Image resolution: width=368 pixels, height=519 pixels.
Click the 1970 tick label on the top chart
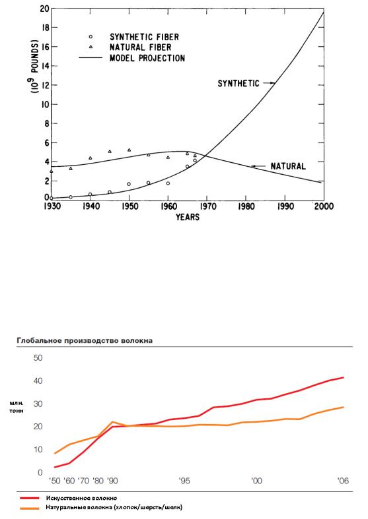point(207,206)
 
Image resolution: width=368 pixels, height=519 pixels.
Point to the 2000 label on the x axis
point(324,206)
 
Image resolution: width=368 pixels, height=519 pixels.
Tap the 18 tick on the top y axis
point(44,28)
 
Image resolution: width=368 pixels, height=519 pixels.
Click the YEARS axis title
point(188,217)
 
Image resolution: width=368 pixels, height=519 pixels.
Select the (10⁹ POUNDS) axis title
point(35,66)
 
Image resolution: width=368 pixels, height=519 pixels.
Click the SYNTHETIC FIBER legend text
point(144,37)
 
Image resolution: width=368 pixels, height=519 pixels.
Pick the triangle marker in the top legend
point(91,47)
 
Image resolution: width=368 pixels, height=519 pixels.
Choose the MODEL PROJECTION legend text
point(147,58)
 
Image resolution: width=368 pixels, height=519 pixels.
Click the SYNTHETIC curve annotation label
point(239,83)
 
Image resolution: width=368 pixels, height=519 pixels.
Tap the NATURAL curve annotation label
point(288,166)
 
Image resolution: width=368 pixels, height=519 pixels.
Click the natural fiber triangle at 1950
point(129,150)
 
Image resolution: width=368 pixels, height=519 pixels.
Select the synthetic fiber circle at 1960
point(168,183)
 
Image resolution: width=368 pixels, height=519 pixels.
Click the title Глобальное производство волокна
point(85,340)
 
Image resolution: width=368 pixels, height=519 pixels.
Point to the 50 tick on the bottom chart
point(38,358)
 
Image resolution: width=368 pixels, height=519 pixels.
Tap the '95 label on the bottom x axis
point(184,480)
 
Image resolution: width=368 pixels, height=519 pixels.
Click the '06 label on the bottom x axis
point(343,480)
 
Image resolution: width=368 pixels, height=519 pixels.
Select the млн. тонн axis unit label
point(17,407)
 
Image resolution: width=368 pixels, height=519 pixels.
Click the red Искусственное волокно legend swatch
point(30,498)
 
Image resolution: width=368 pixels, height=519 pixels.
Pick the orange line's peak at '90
point(113,421)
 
